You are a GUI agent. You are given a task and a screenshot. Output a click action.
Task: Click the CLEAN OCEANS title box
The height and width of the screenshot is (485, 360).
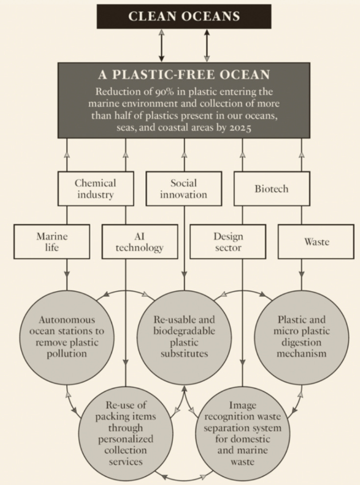[184, 16]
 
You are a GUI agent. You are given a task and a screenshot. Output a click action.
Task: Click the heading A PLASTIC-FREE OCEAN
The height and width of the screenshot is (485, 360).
[184, 75]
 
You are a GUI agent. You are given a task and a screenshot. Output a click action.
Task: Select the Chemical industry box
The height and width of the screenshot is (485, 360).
[95, 189]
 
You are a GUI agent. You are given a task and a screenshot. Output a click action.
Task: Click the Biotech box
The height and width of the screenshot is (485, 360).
[272, 189]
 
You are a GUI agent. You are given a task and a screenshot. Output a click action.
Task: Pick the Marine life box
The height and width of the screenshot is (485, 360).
[51, 242]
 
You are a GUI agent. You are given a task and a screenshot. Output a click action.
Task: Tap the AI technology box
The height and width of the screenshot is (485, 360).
[139, 242]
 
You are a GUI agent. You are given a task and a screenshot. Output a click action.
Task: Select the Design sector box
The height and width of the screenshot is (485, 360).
[228, 242]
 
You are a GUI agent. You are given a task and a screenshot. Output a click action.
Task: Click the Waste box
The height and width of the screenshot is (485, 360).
[316, 242]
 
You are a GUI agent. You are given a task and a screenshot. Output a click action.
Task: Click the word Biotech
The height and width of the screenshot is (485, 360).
[272, 189]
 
